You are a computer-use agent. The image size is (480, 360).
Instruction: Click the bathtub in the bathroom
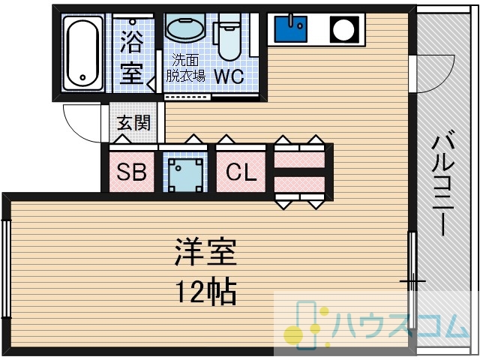[x=82, y=52]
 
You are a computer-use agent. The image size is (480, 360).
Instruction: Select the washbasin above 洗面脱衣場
[x=184, y=28]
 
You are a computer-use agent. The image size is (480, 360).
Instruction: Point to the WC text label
[x=229, y=76]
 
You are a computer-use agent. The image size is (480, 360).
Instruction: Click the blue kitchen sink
[x=291, y=28]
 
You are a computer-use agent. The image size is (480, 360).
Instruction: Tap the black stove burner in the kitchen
[x=344, y=29]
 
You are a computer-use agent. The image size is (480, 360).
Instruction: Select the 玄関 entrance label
[x=133, y=123]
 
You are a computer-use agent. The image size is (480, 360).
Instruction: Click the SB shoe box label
[x=132, y=172]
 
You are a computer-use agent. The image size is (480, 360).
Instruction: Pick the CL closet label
[x=241, y=172]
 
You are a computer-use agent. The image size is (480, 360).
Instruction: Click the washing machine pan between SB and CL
[x=185, y=175]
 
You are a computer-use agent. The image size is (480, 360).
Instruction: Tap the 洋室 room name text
[x=205, y=253]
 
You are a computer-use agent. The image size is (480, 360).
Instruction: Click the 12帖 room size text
[x=205, y=291]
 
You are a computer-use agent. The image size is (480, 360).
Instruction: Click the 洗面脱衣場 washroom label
[x=185, y=68]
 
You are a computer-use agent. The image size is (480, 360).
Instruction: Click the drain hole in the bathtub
[x=82, y=77]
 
